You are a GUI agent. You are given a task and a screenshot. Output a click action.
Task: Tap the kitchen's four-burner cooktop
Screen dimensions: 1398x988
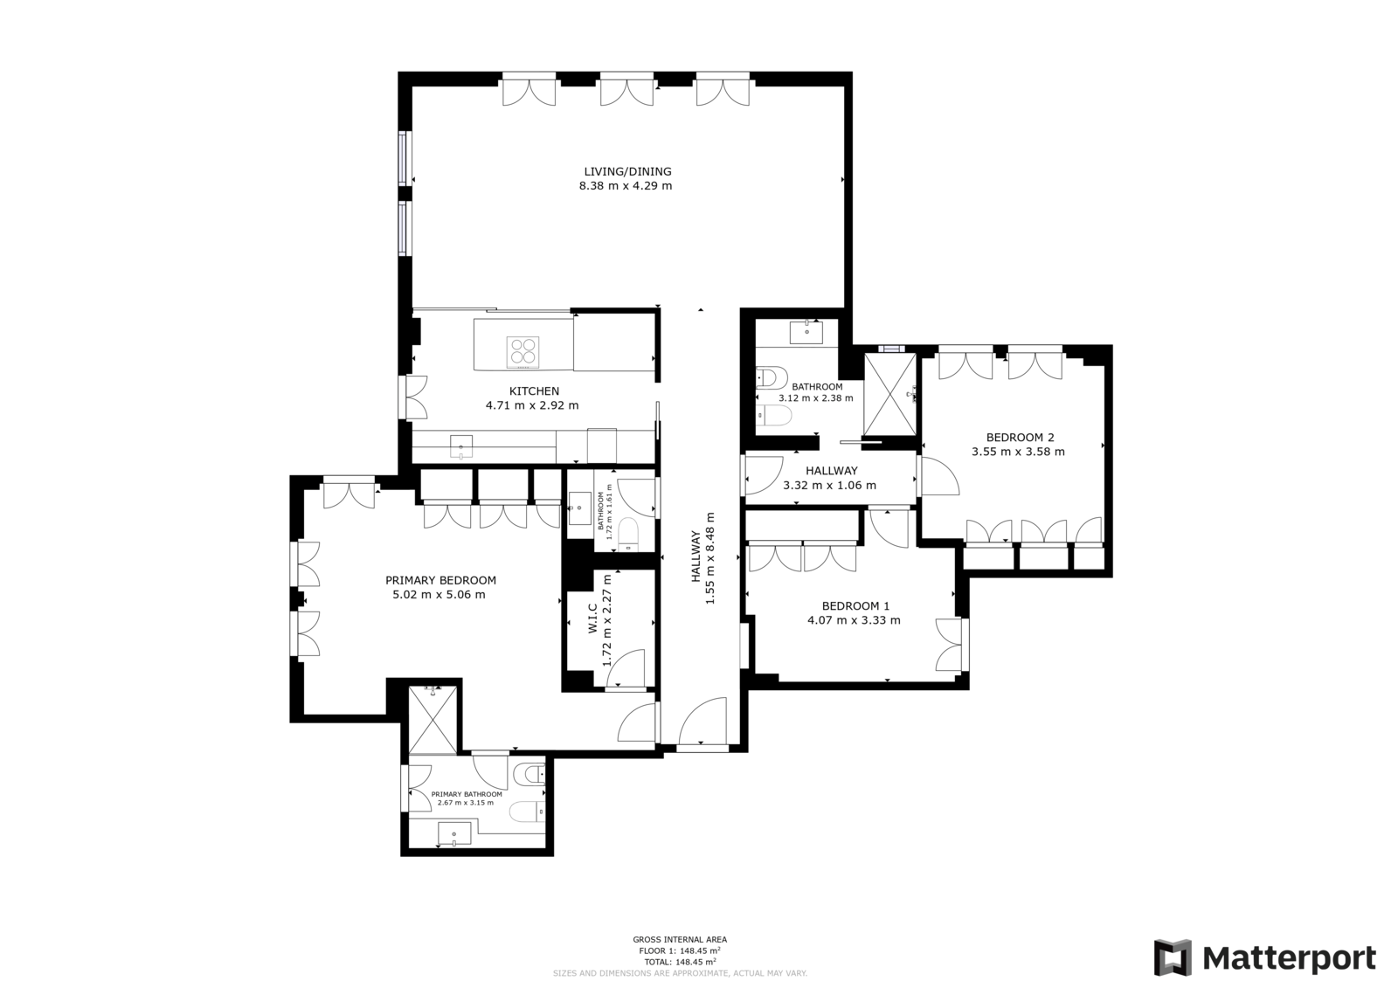523,351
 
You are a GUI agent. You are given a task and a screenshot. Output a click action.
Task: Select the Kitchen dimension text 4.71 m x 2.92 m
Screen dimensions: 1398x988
532,405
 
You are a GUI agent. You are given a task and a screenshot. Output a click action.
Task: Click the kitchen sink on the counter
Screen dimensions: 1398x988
461,447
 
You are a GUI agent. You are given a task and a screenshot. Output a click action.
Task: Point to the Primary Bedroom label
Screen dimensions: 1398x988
440,580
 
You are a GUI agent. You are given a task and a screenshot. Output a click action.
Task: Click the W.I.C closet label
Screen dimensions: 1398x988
592,618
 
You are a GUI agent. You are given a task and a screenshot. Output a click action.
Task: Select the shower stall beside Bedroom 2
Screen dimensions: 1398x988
890,394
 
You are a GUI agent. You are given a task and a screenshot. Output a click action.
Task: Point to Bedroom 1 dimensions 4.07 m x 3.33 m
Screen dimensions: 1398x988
854,619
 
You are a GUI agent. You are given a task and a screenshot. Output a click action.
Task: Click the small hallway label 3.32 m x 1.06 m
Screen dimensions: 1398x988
829,485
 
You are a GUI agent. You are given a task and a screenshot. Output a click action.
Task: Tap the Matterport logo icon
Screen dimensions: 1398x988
1172,957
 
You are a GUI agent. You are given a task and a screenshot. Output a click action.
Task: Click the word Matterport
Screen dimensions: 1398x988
1289,958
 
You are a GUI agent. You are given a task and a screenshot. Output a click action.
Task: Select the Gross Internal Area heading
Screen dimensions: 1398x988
680,939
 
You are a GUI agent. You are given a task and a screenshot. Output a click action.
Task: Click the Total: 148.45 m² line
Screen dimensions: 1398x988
680,962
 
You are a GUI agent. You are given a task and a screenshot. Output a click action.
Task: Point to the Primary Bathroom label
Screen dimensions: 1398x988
467,794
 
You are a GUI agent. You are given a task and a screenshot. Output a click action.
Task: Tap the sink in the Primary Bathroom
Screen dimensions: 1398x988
454,833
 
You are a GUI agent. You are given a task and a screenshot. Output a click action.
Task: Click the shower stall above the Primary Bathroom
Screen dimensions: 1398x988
433,719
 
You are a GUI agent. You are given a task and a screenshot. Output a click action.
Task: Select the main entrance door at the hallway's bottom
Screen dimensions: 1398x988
702,722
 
